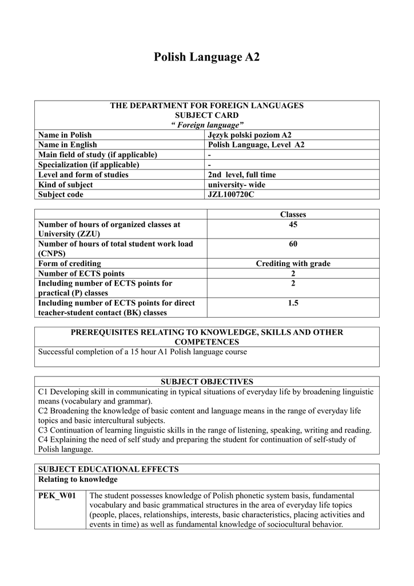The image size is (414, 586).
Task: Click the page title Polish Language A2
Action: click(x=207, y=57)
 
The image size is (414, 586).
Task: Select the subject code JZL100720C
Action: click(x=231, y=195)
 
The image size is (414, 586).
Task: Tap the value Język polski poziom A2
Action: click(x=249, y=135)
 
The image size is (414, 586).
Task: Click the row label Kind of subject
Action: click(x=65, y=185)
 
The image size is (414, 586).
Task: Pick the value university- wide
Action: click(x=237, y=185)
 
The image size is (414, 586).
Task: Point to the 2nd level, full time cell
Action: click(x=242, y=175)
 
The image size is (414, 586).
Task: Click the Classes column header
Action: click(x=293, y=215)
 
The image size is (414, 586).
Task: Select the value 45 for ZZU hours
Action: click(x=293, y=225)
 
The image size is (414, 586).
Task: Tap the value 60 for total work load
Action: click(x=293, y=244)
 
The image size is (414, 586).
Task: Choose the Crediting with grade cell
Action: click(x=293, y=264)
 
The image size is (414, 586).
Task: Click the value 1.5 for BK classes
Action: click(x=293, y=303)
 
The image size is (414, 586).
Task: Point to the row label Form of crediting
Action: click(x=70, y=264)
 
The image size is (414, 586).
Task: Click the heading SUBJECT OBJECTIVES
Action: click(x=206, y=382)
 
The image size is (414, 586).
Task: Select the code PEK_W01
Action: click(x=57, y=495)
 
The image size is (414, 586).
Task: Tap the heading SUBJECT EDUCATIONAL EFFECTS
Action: click(x=108, y=469)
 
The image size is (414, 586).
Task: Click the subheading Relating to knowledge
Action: click(x=78, y=479)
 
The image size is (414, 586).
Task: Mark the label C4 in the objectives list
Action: click(x=43, y=439)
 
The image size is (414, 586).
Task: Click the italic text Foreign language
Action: click(x=207, y=125)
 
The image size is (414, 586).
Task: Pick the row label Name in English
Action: click(x=67, y=145)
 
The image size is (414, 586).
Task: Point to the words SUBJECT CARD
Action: click(x=206, y=115)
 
